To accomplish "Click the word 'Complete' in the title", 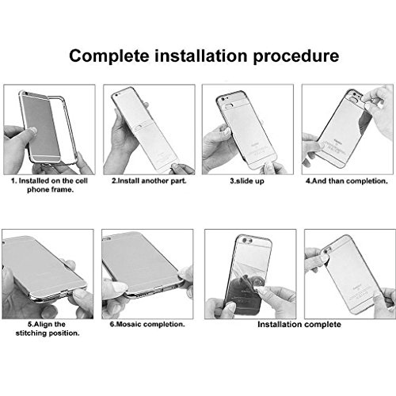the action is click(109, 56).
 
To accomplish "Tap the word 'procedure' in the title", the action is click(296, 56).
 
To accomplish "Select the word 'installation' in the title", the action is click(201, 55).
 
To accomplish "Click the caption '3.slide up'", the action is click(247, 181).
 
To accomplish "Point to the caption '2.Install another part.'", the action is click(149, 181).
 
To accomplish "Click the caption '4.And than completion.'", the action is click(347, 181).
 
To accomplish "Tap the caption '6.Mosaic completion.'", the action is click(147, 324).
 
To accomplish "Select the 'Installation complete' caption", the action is click(299, 325).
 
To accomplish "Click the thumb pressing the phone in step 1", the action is click(29, 131).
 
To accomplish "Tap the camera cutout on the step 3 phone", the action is click(229, 105).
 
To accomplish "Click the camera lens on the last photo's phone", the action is click(328, 249).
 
